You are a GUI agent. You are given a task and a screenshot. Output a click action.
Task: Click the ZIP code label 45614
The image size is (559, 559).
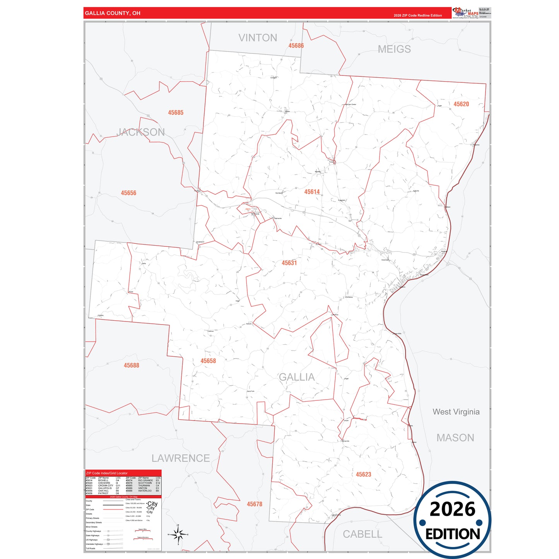(312, 192)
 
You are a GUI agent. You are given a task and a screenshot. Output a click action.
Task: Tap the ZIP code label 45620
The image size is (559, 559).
(461, 104)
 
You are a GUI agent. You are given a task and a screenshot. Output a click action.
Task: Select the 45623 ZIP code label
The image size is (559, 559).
(363, 474)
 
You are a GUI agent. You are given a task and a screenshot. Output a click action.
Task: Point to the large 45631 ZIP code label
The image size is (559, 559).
(289, 263)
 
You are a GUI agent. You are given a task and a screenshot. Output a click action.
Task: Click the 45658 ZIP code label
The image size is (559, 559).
(208, 361)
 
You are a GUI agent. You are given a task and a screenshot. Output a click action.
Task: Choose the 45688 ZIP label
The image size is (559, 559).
(132, 365)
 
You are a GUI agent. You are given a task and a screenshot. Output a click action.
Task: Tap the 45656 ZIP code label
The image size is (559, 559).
(128, 193)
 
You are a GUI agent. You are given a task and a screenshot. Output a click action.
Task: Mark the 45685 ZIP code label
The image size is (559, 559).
(176, 113)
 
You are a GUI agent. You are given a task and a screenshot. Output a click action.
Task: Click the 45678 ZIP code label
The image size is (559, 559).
(255, 504)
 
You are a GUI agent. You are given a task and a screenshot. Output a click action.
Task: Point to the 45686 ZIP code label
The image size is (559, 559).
(296, 46)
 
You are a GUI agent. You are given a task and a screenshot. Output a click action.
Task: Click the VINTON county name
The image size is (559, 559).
(258, 38)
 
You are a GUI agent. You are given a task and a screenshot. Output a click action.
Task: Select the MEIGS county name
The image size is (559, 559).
(394, 49)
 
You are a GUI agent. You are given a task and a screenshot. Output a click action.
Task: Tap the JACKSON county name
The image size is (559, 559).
(141, 132)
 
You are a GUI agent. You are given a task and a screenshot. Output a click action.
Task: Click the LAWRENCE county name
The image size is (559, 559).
(181, 458)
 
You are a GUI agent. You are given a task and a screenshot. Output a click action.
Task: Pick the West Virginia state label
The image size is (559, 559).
(456, 412)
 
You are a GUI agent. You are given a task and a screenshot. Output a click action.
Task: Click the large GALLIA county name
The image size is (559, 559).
(297, 377)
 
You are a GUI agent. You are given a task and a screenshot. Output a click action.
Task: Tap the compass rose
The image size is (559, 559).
(178, 535)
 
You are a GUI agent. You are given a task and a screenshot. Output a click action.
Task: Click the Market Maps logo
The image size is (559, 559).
(465, 13)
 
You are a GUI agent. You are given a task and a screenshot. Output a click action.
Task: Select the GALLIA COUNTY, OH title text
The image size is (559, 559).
(113, 13)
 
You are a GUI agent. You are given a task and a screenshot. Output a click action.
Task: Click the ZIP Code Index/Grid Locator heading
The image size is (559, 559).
(107, 473)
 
